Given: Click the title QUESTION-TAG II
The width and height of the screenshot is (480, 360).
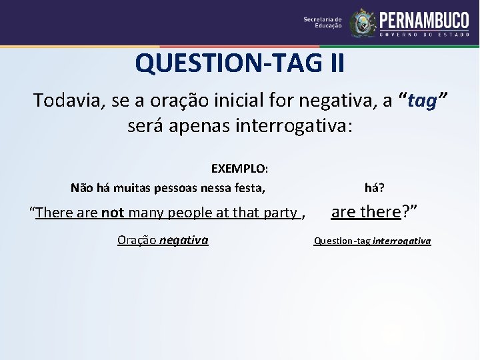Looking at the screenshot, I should click(240, 64).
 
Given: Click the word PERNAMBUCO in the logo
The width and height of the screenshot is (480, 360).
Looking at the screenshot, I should click(424, 19).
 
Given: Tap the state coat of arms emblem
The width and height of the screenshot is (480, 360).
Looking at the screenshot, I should click(362, 23).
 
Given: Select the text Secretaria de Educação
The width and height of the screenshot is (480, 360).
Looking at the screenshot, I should click(323, 23).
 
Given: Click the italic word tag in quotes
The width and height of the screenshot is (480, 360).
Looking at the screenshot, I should click(421, 101).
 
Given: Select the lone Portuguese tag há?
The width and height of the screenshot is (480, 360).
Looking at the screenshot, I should click(374, 188).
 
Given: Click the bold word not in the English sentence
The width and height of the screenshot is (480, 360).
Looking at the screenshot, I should click(113, 213).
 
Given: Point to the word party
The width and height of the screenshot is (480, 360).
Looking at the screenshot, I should click(280, 213).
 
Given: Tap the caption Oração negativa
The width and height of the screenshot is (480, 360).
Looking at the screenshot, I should click(163, 240).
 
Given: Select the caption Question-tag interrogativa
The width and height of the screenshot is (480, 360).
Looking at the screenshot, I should click(372, 241).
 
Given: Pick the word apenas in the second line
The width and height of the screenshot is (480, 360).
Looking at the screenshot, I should click(200, 125).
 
